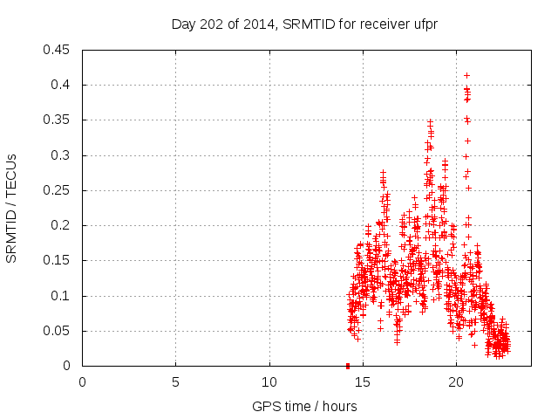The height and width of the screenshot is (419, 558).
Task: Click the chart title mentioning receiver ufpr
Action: pos(303,24)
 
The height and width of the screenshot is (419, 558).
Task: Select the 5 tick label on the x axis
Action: pos(175,381)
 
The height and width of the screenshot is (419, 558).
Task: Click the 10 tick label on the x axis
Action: pos(269,381)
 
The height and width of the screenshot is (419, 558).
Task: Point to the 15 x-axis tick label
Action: pos(363,381)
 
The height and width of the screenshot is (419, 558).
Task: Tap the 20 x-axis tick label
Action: pos(456,381)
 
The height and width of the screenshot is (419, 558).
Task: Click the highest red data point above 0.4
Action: pos(466,76)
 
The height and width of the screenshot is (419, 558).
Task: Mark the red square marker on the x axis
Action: pos(348,366)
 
